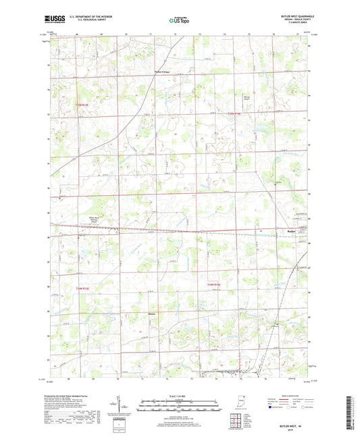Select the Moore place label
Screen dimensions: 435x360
(151, 313)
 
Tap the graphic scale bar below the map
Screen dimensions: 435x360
(180, 406)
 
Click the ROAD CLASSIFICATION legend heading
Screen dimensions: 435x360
(291, 395)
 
